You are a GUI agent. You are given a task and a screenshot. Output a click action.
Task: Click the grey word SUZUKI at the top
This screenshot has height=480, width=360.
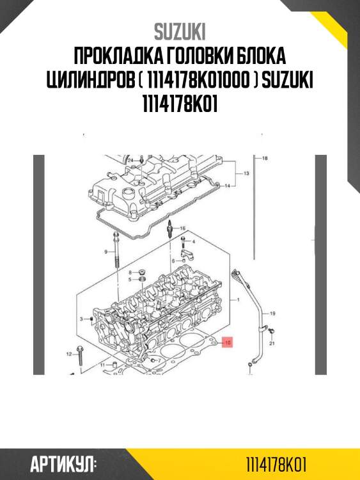(180, 32)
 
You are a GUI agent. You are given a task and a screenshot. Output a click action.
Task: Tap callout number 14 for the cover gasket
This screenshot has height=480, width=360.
(226, 186)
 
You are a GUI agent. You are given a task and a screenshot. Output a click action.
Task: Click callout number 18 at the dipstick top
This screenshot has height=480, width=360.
(265, 157)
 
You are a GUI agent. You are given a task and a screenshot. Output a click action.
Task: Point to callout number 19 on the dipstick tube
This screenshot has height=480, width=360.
(271, 314)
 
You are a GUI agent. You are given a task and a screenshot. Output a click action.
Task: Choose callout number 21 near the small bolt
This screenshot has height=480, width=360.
(271, 343)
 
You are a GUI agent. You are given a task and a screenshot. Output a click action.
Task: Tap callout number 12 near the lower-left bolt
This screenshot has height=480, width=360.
(69, 353)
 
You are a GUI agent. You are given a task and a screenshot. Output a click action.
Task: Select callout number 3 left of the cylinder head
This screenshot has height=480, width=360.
(81, 318)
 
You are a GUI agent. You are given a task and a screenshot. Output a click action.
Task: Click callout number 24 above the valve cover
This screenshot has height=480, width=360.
(130, 159)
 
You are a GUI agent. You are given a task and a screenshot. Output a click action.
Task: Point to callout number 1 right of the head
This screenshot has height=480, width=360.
(238, 300)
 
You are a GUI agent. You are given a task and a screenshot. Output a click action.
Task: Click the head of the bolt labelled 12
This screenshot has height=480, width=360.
(79, 349)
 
